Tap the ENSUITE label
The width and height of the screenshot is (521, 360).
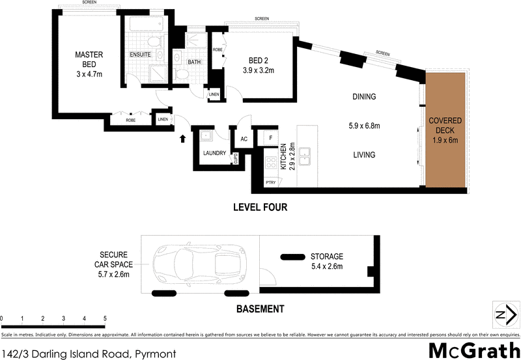(x=141, y=55)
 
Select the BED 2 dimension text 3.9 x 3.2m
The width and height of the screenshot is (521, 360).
(x=259, y=70)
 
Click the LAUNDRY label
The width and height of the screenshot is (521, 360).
(x=214, y=154)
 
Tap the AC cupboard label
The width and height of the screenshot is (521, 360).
(x=244, y=139)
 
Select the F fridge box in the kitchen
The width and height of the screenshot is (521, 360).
(x=269, y=139)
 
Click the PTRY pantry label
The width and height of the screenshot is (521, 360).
(x=270, y=184)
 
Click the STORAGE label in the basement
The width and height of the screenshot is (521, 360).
(x=326, y=256)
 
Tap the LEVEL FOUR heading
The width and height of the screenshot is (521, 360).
(x=260, y=208)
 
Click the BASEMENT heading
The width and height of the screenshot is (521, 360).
(x=260, y=309)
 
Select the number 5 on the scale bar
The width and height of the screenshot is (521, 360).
(x=105, y=318)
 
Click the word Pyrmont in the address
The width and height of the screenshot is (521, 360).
(x=156, y=353)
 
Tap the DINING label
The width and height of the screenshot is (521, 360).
(x=364, y=97)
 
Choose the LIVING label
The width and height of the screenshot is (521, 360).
(x=364, y=154)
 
